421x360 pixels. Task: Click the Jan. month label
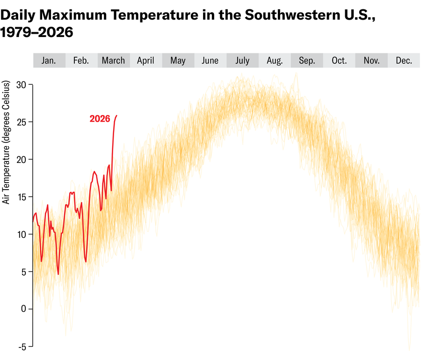[x=49, y=60]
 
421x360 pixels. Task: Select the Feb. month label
[x=81, y=60]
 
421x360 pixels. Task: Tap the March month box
[x=113, y=60]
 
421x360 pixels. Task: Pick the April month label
[x=145, y=60]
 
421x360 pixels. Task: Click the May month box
[x=178, y=60]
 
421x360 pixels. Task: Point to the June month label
[x=210, y=60]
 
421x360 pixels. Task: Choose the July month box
[x=242, y=60]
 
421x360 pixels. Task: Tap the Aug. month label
[x=275, y=60]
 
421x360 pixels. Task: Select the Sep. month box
[x=307, y=60]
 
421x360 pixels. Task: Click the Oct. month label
[x=339, y=60]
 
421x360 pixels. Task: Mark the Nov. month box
[x=371, y=60]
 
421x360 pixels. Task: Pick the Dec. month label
[x=404, y=60]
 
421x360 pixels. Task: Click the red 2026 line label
[x=100, y=119]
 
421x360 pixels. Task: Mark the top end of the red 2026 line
[x=116, y=115]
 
